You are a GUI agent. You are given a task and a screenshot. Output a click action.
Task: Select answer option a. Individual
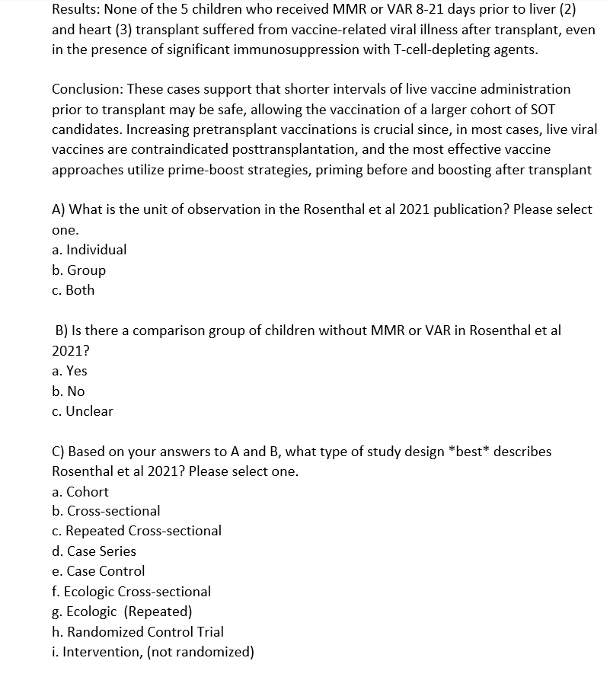[x=89, y=250]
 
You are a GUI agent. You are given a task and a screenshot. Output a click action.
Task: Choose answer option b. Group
[x=79, y=270]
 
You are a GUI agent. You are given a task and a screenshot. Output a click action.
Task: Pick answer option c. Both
[x=74, y=290]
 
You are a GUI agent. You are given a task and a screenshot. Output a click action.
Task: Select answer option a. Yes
[x=70, y=371]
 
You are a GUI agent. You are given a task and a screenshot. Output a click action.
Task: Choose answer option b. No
[x=69, y=391]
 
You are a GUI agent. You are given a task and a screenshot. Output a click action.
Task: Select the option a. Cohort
[x=81, y=492]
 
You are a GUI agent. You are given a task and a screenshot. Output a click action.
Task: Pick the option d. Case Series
[x=94, y=551]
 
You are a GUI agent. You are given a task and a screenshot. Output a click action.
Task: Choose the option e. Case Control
[x=98, y=571]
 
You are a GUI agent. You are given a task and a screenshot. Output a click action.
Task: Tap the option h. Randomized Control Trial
[x=138, y=632]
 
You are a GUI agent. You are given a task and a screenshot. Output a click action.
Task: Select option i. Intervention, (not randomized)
[x=153, y=652]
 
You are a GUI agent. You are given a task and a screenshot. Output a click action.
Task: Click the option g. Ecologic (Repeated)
[x=122, y=612]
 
